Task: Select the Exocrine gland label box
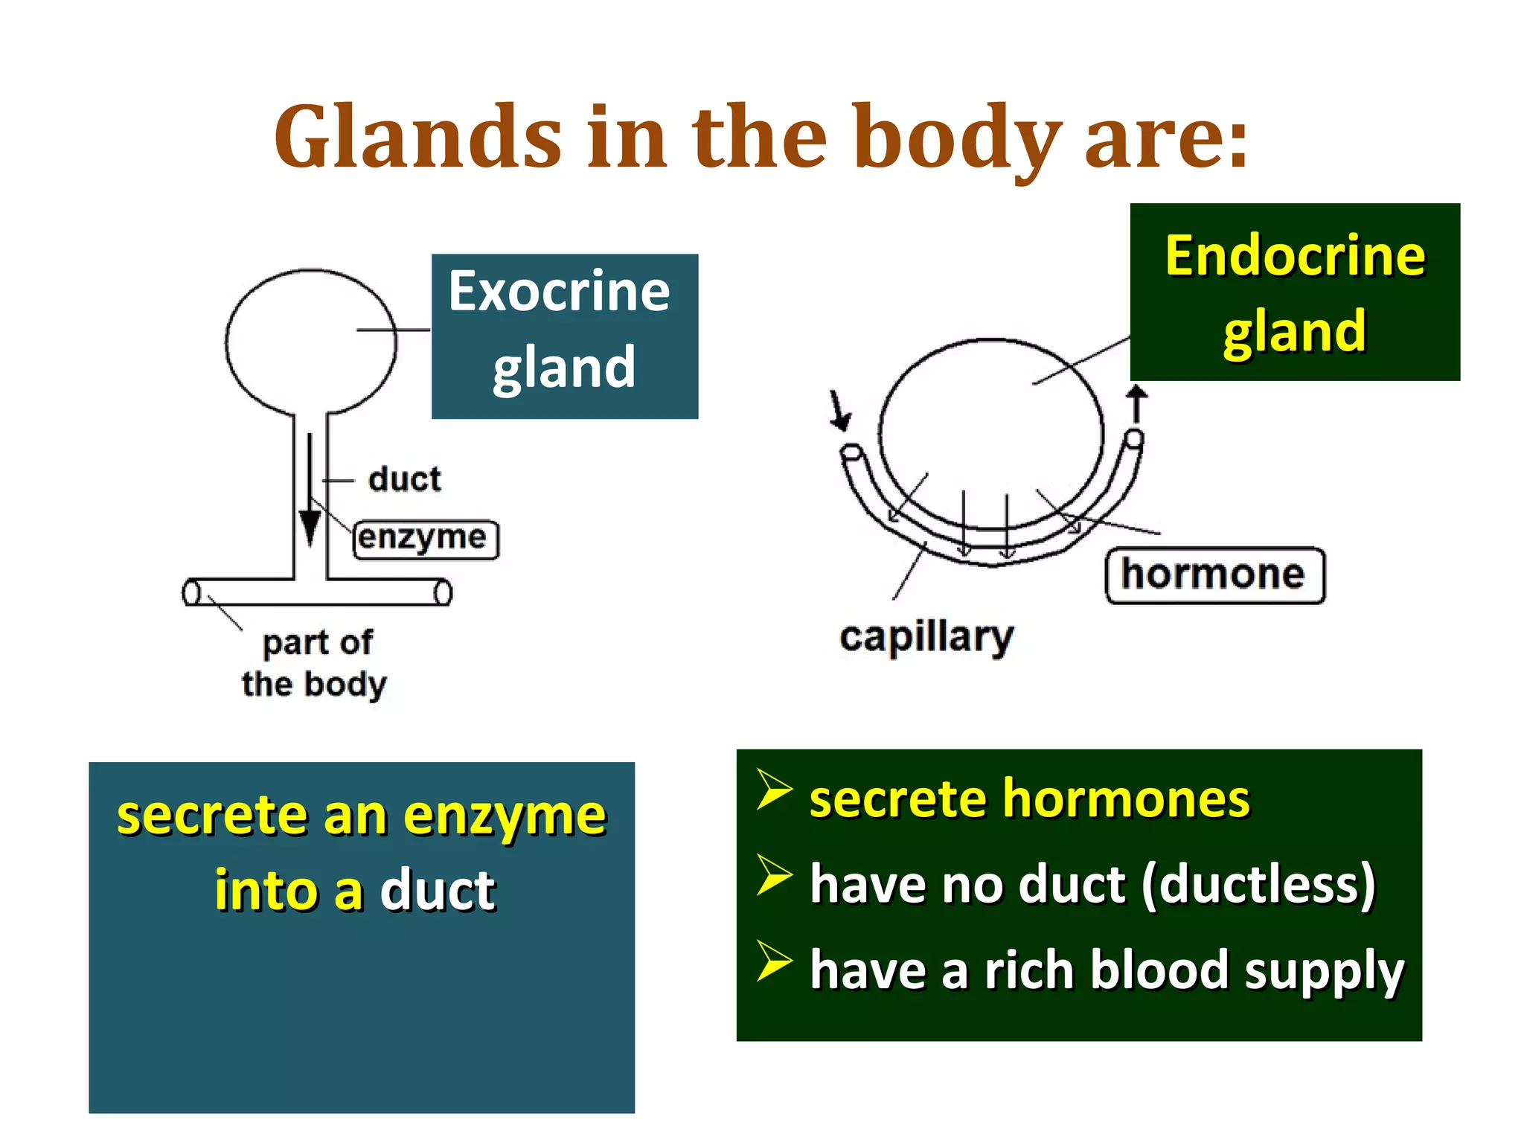[x=564, y=336]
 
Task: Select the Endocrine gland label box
[x=1294, y=292]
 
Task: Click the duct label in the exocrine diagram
[x=404, y=479]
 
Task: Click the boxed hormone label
[x=1214, y=575]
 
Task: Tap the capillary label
[x=926, y=637]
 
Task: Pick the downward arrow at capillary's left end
[x=839, y=412]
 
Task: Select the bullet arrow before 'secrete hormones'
[x=773, y=790]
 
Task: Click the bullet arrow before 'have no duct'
[x=773, y=875]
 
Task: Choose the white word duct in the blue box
[x=438, y=890]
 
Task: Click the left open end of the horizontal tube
[x=191, y=592]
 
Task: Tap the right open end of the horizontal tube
[x=443, y=593]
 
